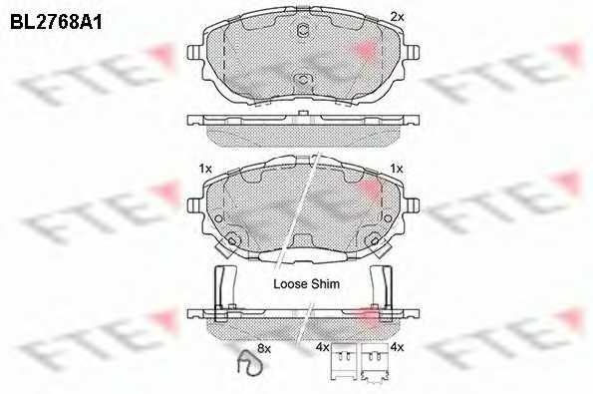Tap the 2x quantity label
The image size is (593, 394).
point(396,16)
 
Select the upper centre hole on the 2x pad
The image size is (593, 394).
point(301,29)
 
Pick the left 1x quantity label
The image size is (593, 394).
point(205,169)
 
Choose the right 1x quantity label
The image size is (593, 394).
point(396,169)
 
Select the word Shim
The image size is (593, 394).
point(326,284)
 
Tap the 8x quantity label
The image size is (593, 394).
point(264,347)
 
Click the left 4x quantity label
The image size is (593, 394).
point(321,347)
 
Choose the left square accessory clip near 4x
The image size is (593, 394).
point(346,362)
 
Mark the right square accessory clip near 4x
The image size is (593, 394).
point(377,362)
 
